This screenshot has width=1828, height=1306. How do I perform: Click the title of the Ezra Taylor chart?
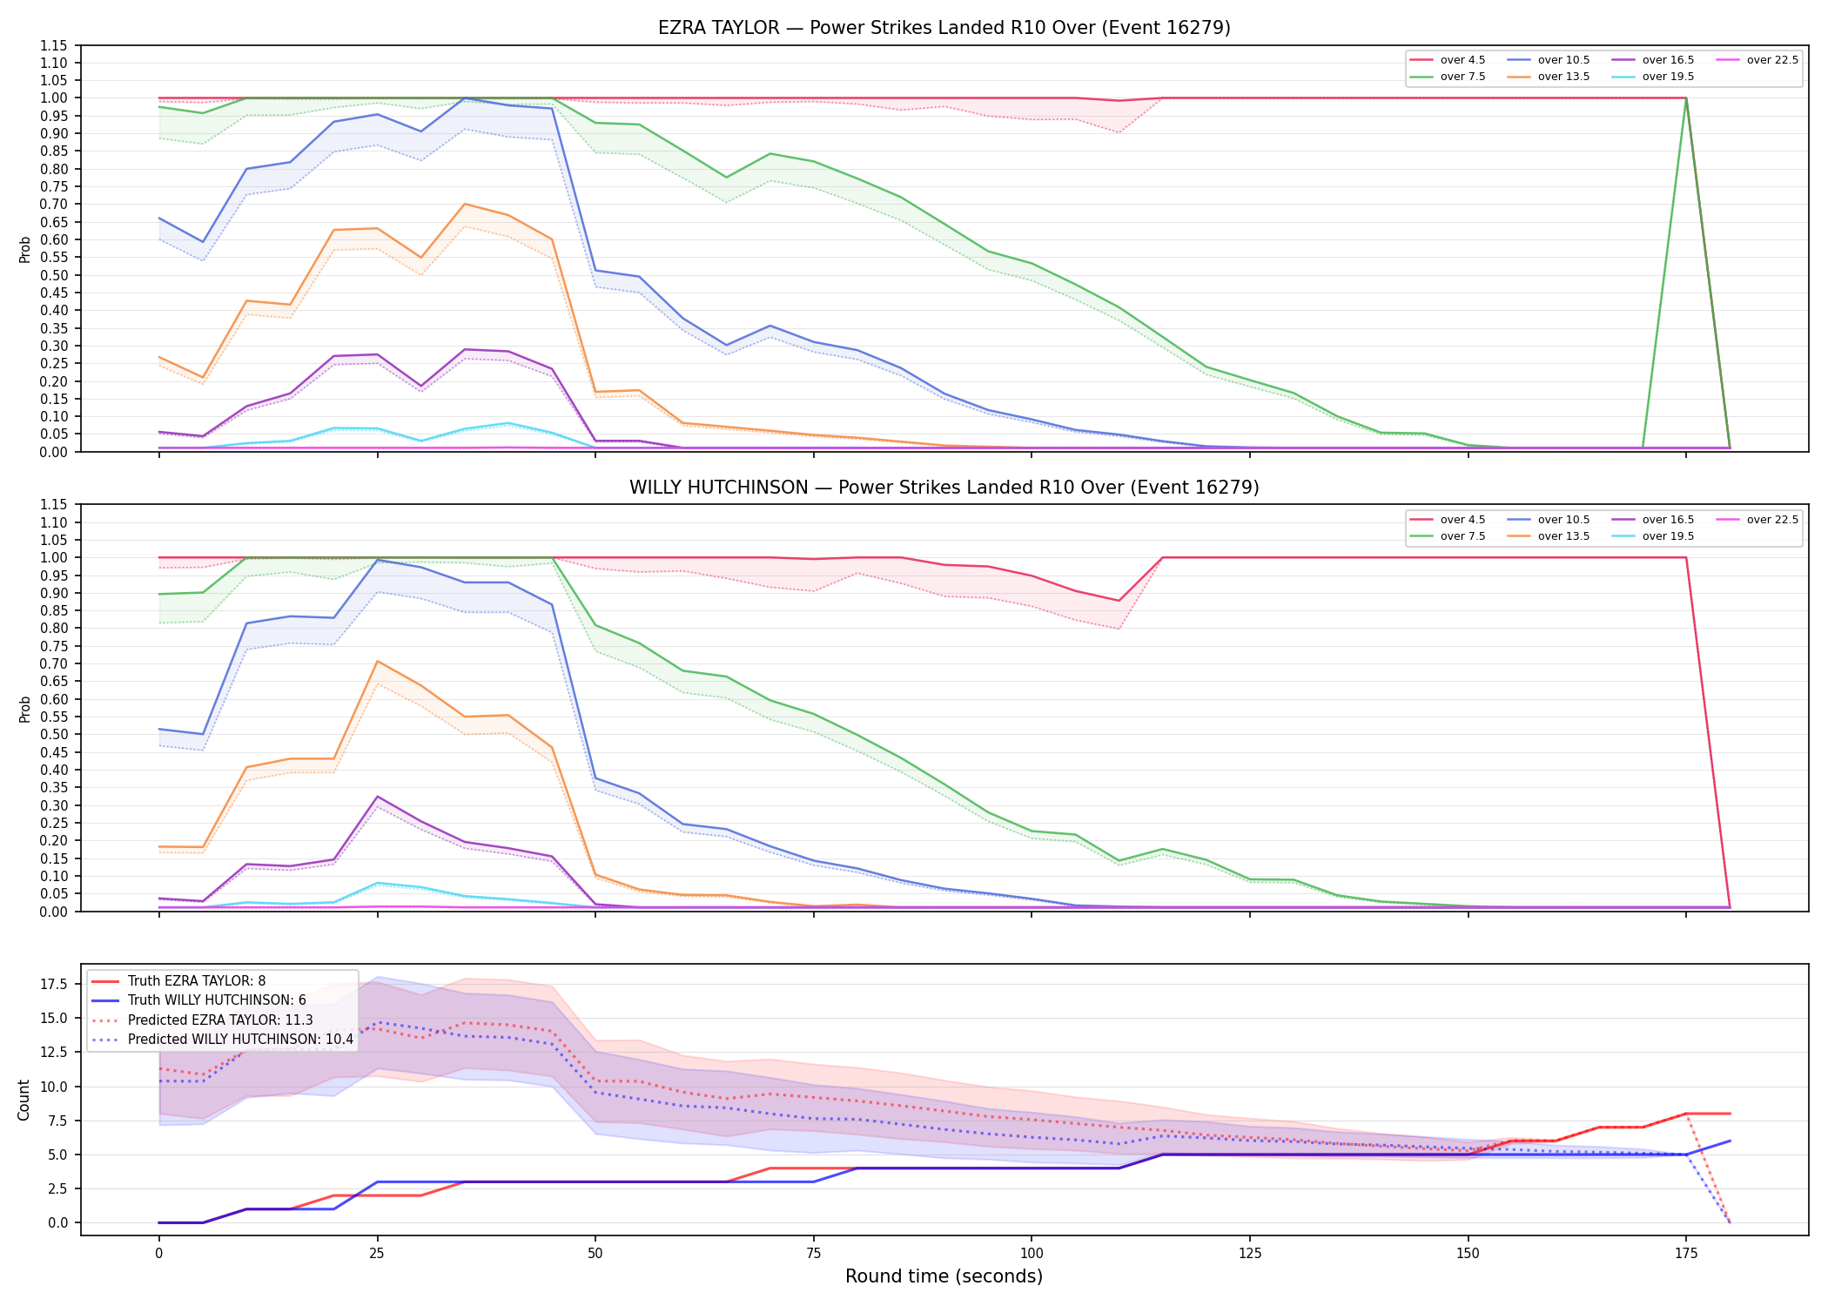click(944, 28)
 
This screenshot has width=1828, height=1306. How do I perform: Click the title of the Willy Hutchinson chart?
click(944, 488)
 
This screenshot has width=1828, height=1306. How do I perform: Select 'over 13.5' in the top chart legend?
click(1563, 77)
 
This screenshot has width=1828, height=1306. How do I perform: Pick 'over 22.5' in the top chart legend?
click(1772, 60)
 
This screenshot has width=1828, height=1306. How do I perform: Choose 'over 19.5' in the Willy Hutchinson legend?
click(1668, 536)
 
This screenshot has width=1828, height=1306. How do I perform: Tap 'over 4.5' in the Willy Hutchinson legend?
click(1462, 520)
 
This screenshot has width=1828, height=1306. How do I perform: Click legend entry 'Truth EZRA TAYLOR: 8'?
click(197, 981)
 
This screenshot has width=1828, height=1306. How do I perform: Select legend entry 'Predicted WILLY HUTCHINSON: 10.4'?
click(240, 1040)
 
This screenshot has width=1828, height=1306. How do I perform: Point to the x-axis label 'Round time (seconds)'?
click(944, 1276)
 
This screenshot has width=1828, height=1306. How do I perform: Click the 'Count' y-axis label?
click(24, 1100)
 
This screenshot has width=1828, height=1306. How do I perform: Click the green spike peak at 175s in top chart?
click(1686, 98)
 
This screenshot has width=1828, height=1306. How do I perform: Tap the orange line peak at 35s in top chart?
click(465, 204)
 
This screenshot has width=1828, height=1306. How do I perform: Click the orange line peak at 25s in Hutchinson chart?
click(377, 661)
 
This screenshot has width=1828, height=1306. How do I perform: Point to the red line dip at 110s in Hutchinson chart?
click(1119, 601)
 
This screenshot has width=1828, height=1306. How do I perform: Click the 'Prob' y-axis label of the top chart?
click(24, 249)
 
